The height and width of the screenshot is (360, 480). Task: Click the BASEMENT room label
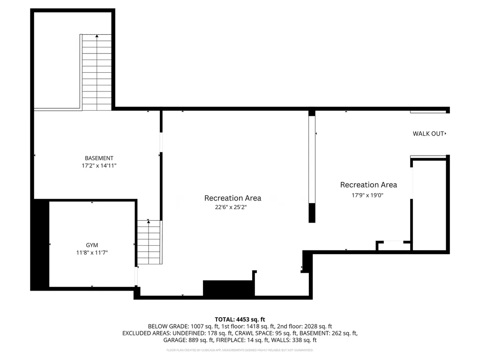coord(99,158)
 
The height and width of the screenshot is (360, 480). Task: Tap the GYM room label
coord(92,245)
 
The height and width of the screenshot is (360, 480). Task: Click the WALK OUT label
coord(429,134)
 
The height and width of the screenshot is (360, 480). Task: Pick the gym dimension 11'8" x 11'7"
coord(92,253)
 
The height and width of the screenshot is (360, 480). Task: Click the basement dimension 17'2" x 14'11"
coord(99,166)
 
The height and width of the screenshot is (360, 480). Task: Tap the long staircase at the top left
coord(97,73)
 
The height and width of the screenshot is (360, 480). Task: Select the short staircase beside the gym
coord(149,242)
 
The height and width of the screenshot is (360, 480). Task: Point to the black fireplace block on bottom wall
coord(228,288)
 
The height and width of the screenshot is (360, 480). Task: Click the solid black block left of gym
coord(40,244)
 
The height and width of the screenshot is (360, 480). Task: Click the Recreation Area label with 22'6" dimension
coord(232,198)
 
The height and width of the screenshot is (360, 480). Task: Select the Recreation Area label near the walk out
coord(368,185)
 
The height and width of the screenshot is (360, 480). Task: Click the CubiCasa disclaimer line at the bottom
coord(240,350)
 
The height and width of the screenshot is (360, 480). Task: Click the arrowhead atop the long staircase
coord(97,36)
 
